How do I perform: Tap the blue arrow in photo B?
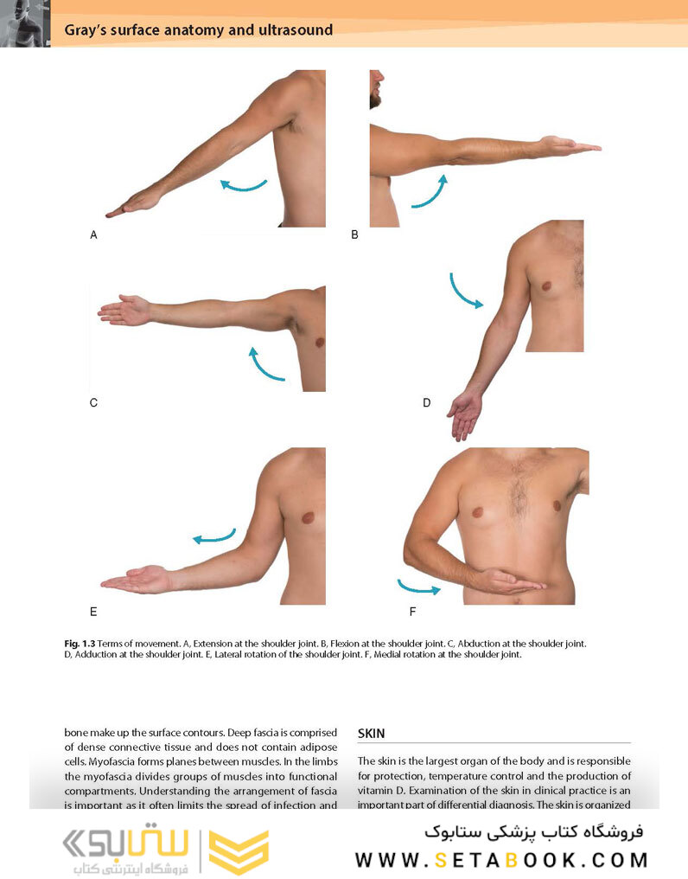point(429,192)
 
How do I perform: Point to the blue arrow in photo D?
point(464,292)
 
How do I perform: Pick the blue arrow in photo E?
point(213,536)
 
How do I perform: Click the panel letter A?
point(93,234)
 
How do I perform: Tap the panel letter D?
point(426,402)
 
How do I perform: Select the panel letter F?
point(412,613)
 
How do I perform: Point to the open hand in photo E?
point(138,580)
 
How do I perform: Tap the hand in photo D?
point(465,414)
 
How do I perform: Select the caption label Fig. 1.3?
point(80,644)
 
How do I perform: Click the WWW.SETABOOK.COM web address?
point(501,860)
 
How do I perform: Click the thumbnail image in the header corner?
point(25,23)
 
